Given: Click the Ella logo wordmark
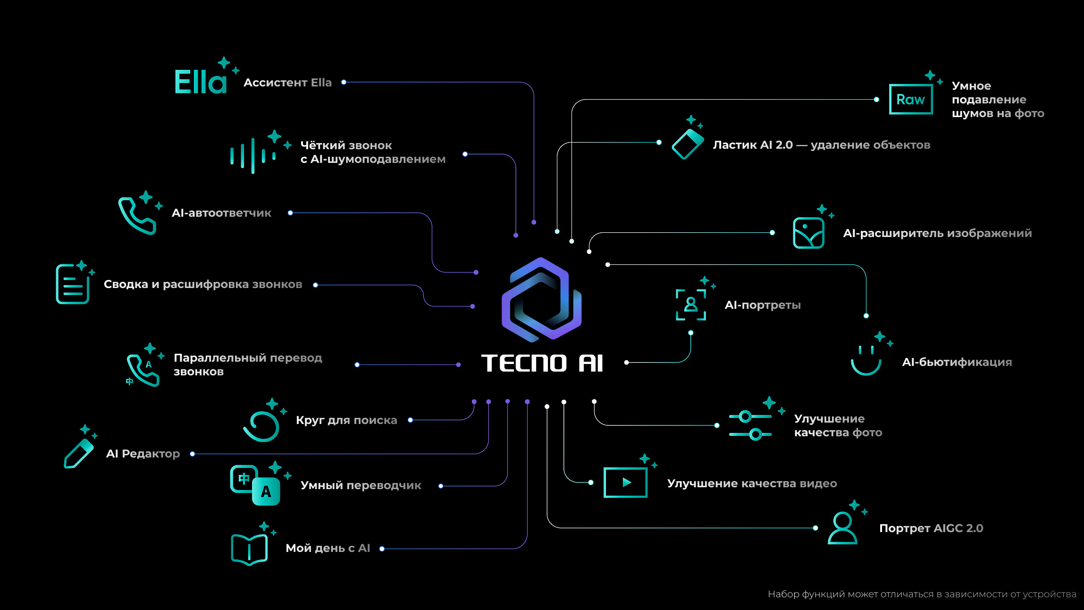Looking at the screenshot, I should pyautogui.click(x=201, y=82).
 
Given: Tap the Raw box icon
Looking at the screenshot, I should pyautogui.click(x=910, y=99).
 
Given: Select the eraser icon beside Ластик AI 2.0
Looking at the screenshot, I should pyautogui.click(x=687, y=144).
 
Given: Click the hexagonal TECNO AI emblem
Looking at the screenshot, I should pyautogui.click(x=541, y=299).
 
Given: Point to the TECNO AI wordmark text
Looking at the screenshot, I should pyautogui.click(x=542, y=364).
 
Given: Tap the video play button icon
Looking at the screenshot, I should pyautogui.click(x=625, y=483).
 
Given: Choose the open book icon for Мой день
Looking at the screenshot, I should pyautogui.click(x=249, y=549).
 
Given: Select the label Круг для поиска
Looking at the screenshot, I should pyautogui.click(x=346, y=420).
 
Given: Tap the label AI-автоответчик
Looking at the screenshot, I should pyautogui.click(x=221, y=213).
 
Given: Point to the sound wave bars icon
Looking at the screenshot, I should pyautogui.click(x=253, y=156).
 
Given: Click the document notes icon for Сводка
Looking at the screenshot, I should pyautogui.click(x=73, y=284).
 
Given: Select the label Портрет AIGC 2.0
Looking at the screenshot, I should pyautogui.click(x=931, y=528).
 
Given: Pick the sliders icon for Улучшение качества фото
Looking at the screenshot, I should pyautogui.click(x=750, y=425).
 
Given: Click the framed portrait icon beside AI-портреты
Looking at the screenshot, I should pyautogui.click(x=691, y=305).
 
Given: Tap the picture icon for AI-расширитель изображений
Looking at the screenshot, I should pyautogui.click(x=808, y=233).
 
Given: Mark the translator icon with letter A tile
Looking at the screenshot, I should pyautogui.click(x=255, y=486).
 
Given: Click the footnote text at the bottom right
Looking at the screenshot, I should pyautogui.click(x=922, y=594).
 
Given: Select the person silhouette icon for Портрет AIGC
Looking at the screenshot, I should pyautogui.click(x=842, y=528).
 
